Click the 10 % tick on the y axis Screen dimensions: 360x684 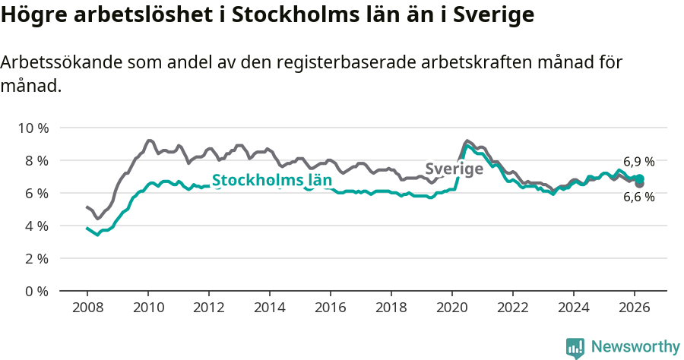click(33, 128)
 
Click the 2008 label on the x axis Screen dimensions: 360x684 click(87, 307)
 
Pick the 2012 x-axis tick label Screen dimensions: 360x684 click(208, 307)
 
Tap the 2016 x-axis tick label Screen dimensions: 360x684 click(330, 307)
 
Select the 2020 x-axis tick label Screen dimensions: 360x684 click(451, 307)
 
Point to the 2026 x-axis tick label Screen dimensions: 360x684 click(634, 307)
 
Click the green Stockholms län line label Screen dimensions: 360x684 click(271, 181)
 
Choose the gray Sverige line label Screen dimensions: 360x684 click(454, 169)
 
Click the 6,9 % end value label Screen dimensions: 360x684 click(638, 162)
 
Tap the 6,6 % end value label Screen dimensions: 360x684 click(638, 197)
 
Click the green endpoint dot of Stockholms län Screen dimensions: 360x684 click(640, 178)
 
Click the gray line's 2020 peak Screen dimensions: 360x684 click(467, 141)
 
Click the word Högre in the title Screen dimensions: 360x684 click(33, 15)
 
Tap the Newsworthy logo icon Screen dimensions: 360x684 click(575, 347)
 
